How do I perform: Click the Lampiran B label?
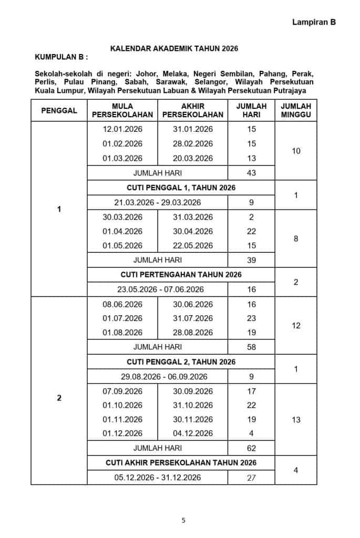point(314,22)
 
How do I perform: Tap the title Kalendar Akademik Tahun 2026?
point(174,49)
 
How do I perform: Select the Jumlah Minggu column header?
point(296,110)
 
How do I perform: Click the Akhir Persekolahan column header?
point(192,110)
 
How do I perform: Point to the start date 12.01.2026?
point(122,129)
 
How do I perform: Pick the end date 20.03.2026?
point(193,158)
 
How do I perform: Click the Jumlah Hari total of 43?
point(251,173)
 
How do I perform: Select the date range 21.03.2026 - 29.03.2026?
point(158,202)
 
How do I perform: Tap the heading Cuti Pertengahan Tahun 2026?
point(181,274)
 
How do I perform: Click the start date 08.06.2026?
point(122,304)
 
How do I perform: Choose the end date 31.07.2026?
point(193,318)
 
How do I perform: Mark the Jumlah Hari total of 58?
point(251,347)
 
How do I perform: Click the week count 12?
point(296,326)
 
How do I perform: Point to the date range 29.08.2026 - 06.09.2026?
point(158,377)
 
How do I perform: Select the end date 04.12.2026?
point(193,433)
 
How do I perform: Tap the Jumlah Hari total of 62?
point(251,448)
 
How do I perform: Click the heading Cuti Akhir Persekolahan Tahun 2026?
point(181,463)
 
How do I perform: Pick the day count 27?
point(251,478)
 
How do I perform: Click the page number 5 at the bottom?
point(183,521)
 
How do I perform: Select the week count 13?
point(296,420)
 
